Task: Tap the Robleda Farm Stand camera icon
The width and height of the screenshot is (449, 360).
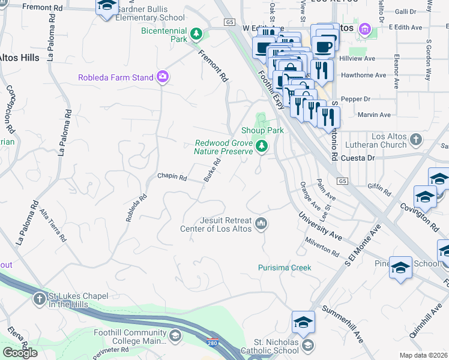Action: pos(162,77)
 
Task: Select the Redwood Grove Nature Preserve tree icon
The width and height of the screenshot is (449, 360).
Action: pos(261,146)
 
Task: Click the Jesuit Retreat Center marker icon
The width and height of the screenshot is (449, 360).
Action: pos(261,224)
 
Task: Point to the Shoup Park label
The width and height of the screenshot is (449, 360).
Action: pos(262,130)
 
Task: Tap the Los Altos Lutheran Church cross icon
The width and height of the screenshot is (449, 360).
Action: pos(415,140)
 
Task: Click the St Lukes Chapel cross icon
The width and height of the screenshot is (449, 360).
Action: pos(39,299)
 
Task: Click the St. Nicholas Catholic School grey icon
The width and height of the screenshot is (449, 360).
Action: pos(307,344)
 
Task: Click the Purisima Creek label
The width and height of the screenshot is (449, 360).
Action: pos(285,268)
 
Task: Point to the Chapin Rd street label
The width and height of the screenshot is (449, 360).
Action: pos(172,178)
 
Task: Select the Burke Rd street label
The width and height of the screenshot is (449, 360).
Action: pos(209,170)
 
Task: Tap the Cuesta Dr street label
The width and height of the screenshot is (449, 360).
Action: pos(358,158)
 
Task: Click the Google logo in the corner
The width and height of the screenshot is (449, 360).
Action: pos(20,353)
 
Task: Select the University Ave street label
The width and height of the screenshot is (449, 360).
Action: pos(319,228)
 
